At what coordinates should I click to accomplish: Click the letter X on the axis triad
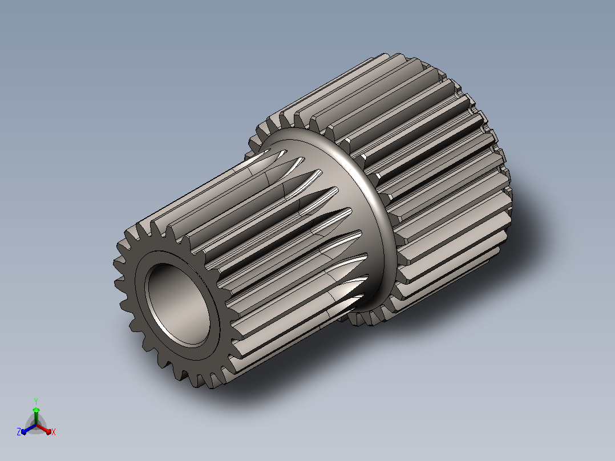pos(54,432)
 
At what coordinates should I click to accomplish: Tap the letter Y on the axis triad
pos(36,401)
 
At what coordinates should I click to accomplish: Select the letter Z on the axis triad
pos(19,432)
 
